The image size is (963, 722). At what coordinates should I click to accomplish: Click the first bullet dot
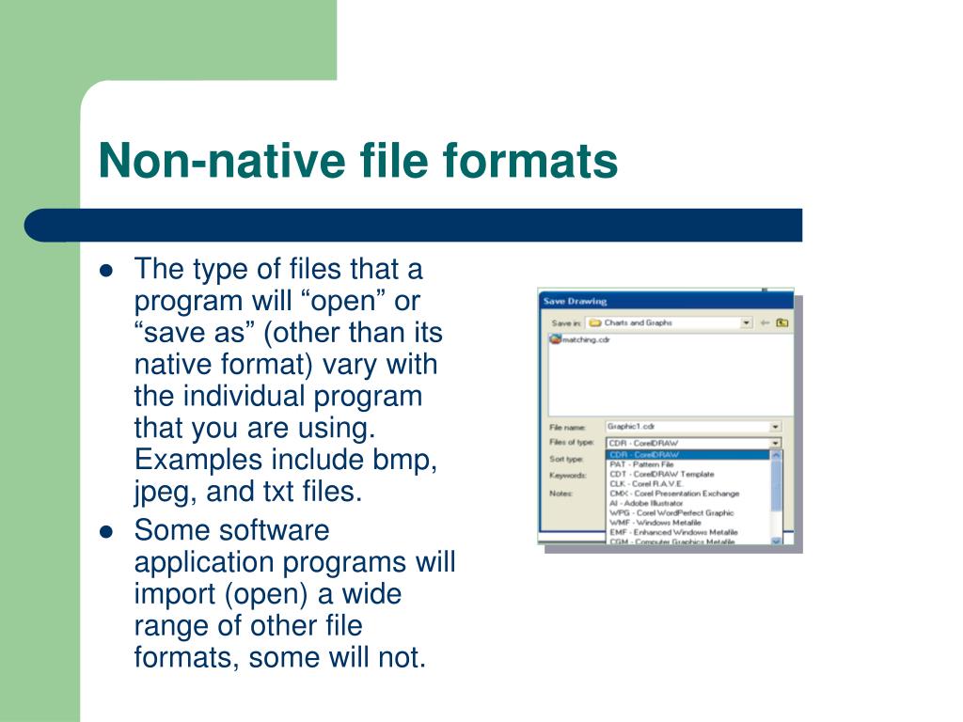[106, 271]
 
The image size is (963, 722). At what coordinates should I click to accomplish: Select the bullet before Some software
[106, 531]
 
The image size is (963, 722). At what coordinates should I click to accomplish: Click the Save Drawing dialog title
[575, 301]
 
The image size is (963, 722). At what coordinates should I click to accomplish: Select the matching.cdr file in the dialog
[585, 339]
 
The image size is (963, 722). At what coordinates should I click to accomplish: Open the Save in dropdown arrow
[747, 322]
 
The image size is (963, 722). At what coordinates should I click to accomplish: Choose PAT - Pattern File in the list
[641, 464]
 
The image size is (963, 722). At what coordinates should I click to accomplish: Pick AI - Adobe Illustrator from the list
[646, 503]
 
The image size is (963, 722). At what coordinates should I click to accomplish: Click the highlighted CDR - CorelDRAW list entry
[644, 455]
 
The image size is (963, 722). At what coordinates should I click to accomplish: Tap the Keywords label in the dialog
[567, 476]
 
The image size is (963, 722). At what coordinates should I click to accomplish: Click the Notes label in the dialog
[561, 493]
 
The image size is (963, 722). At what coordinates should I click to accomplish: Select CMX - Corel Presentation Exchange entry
[674, 494]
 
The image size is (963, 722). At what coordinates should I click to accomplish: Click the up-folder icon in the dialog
[781, 322]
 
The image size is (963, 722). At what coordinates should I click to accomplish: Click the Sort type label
[566, 459]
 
